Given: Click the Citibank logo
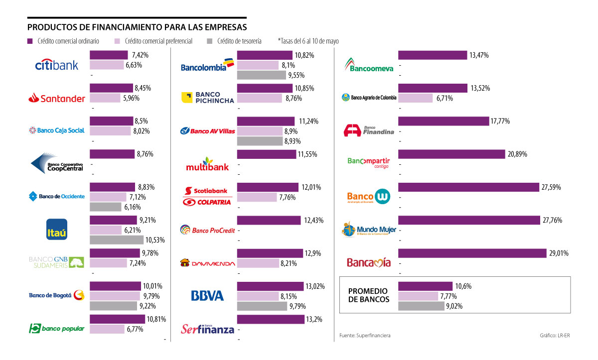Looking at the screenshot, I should [57, 65].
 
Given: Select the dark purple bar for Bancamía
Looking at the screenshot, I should [472, 253].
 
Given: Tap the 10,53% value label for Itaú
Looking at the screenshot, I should [154, 240].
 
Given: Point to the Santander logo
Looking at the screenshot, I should [57, 98].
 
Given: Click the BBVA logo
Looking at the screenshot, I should [207, 296].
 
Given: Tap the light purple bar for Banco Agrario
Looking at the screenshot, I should [416, 98].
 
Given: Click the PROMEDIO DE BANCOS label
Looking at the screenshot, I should [368, 295].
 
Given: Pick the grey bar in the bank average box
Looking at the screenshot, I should [421, 306].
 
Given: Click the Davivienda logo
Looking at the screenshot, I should [207, 263].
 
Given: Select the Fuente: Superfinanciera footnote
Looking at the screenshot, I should [365, 336].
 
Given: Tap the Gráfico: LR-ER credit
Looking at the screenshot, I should [554, 336].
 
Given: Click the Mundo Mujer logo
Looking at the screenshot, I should [369, 230].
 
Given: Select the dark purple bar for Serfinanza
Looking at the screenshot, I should [271, 319].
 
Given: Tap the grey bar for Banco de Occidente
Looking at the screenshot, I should [106, 207].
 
